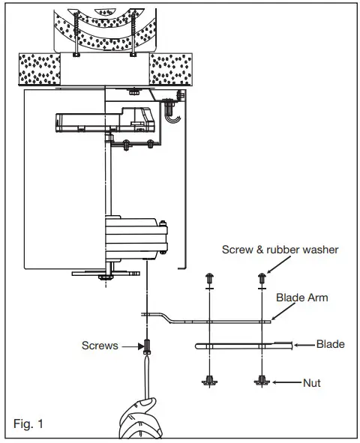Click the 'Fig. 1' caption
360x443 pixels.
click(x=29, y=424)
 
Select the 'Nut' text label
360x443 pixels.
click(x=310, y=383)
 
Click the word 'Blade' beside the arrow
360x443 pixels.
click(x=331, y=345)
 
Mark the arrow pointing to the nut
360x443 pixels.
click(x=283, y=382)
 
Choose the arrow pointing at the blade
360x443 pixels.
click(x=303, y=345)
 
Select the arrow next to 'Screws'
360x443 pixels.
click(x=130, y=346)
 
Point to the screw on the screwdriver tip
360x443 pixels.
click(x=148, y=346)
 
